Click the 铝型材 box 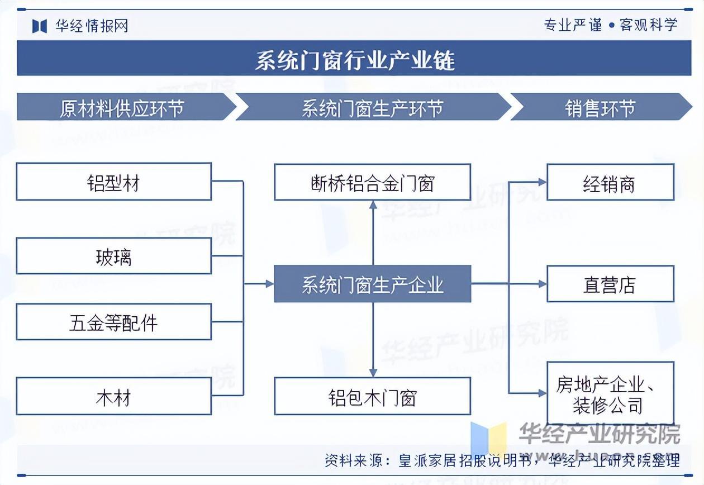pyautogui.click(x=113, y=182)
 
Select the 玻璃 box pyautogui.click(x=113, y=256)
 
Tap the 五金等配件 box pyautogui.click(x=113, y=322)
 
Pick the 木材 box pyautogui.click(x=113, y=396)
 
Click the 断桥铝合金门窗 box pyautogui.click(x=372, y=182)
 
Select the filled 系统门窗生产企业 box pyautogui.click(x=372, y=284)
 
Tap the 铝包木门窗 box pyautogui.click(x=372, y=396)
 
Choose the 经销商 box pyautogui.click(x=610, y=182)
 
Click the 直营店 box pyautogui.click(x=610, y=284)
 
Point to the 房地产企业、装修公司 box pyautogui.click(x=610, y=393)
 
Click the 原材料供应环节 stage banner pyautogui.click(x=123, y=107)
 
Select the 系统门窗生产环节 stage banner pyautogui.click(x=372, y=107)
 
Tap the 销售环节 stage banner pyautogui.click(x=600, y=107)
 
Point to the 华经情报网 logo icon pyautogui.click(x=39, y=26)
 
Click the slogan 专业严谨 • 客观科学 pyautogui.click(x=610, y=25)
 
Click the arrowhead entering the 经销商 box pyautogui.click(x=542, y=182)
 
